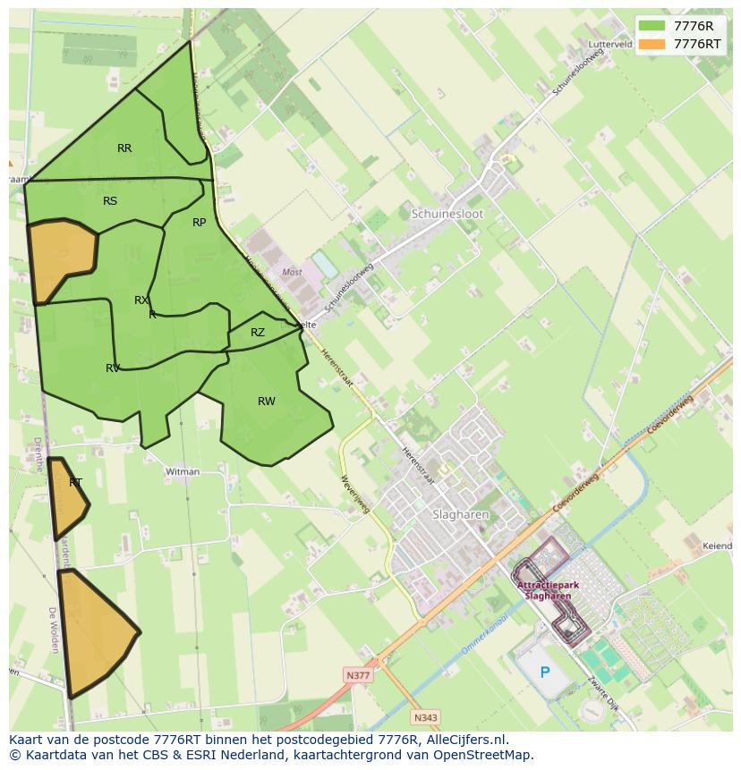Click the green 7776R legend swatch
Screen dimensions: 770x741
[x=652, y=25]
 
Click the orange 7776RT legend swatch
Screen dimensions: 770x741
[x=652, y=44]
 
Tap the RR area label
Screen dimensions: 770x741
[x=124, y=148]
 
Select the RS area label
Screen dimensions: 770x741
[x=110, y=201]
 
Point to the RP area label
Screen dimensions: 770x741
[x=199, y=223]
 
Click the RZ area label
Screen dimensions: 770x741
[x=258, y=333]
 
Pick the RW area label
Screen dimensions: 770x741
[x=267, y=402]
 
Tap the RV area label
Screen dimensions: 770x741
[x=113, y=368]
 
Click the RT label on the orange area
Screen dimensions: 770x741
[x=75, y=483]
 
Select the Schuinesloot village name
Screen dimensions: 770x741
[x=447, y=215]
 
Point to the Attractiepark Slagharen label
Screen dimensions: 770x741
[x=548, y=590]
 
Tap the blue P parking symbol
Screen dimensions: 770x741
[x=545, y=672]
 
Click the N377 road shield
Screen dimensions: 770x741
[x=358, y=675]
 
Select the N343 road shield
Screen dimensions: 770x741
[x=425, y=717]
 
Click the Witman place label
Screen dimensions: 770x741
[x=183, y=471]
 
